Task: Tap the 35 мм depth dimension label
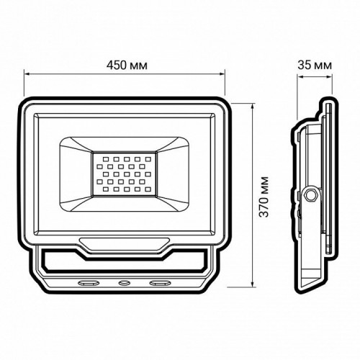click(314, 65)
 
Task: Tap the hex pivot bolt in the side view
click(312, 194)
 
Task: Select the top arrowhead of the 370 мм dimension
click(253, 105)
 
